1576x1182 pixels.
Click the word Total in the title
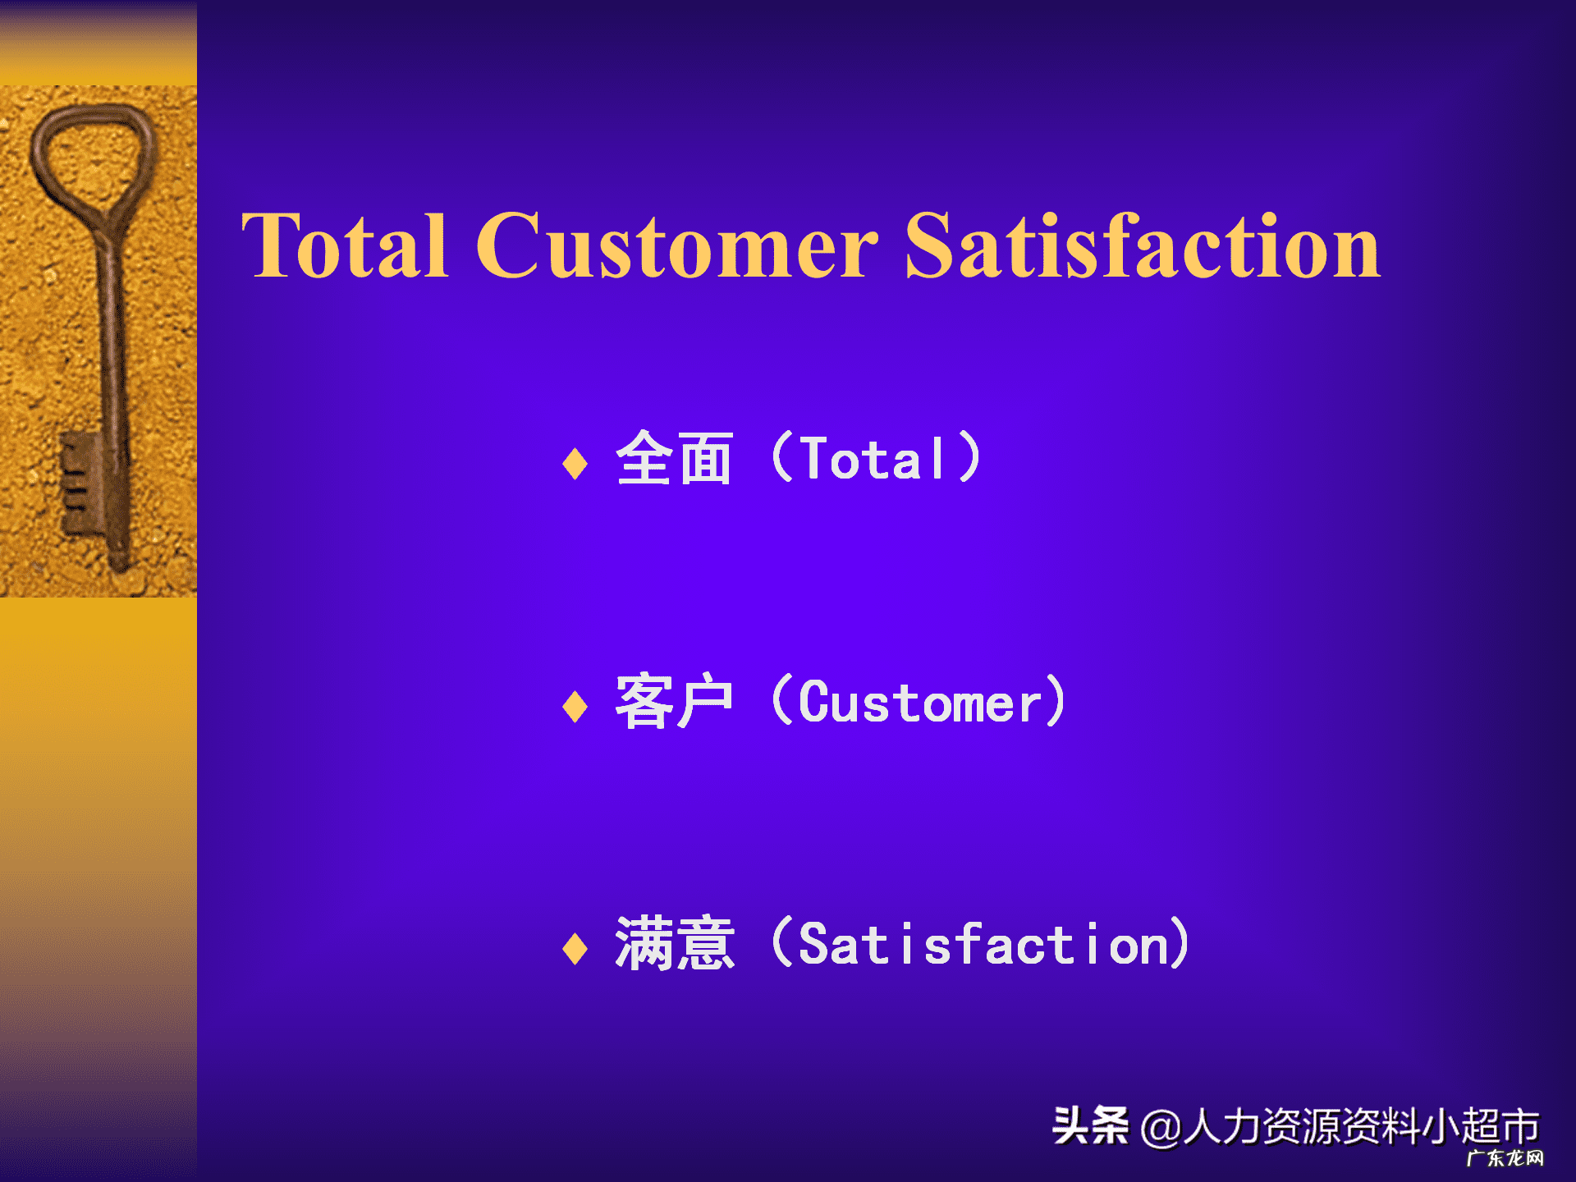click(345, 245)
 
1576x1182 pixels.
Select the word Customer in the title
click(677, 245)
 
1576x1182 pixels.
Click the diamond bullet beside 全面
click(575, 463)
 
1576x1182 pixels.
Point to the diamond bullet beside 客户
click(575, 706)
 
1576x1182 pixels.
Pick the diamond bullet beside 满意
click(575, 949)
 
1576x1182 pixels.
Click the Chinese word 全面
click(674, 458)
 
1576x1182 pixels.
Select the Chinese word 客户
click(674, 701)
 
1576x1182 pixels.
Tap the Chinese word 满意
click(674, 944)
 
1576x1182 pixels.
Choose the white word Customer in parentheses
click(919, 703)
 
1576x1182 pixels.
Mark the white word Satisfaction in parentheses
click(983, 944)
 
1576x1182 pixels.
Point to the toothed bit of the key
click(80, 484)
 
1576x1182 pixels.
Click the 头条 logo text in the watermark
click(1090, 1125)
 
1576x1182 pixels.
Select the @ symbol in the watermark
click(1161, 1128)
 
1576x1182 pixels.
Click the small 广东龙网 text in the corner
click(1505, 1158)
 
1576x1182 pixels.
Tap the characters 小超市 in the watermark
click(1480, 1126)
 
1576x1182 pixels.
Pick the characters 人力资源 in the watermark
click(1262, 1126)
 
